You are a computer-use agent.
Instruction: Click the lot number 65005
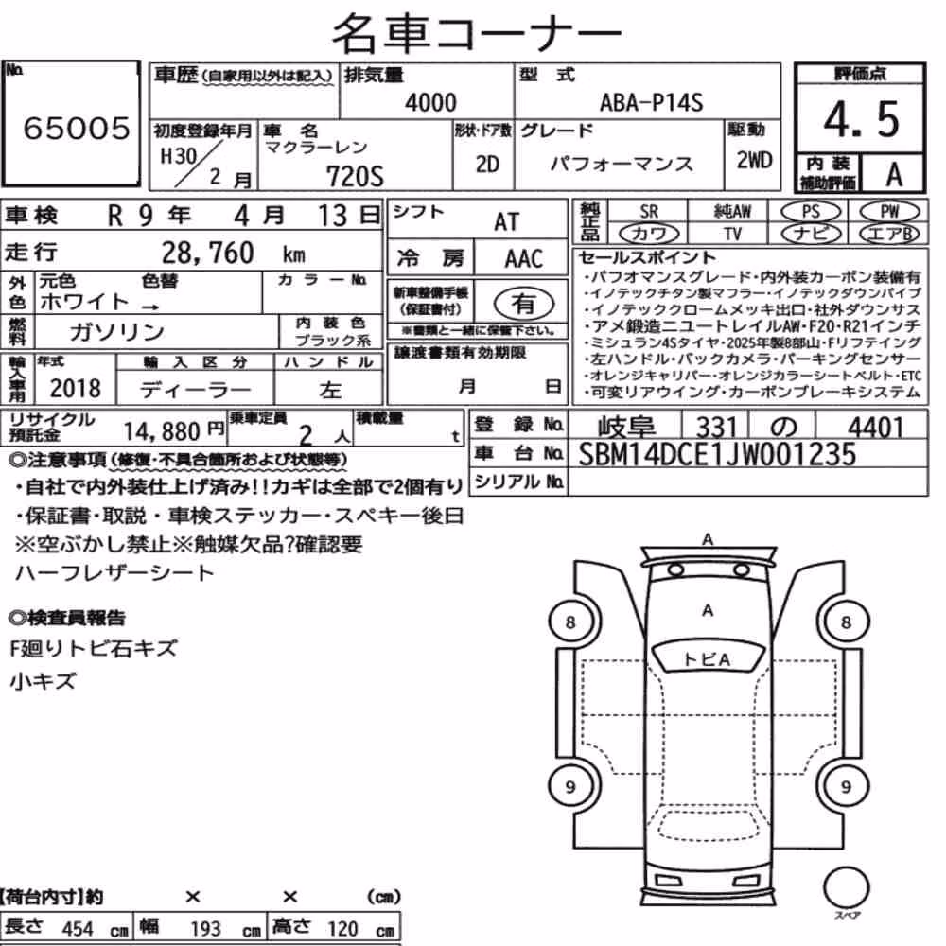pyautogui.click(x=77, y=128)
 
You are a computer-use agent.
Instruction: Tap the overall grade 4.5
pyautogui.click(x=861, y=119)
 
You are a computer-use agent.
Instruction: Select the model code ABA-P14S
pyautogui.click(x=651, y=102)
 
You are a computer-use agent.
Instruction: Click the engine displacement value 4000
pyautogui.click(x=430, y=102)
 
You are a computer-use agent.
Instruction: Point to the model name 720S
pyautogui.click(x=355, y=177)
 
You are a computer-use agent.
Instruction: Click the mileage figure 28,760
pyautogui.click(x=207, y=253)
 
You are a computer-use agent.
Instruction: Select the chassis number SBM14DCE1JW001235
pyautogui.click(x=717, y=454)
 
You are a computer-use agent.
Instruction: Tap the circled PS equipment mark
pyautogui.click(x=811, y=212)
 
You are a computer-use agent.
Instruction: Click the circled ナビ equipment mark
pyautogui.click(x=811, y=234)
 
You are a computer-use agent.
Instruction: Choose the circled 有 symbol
pyautogui.click(x=523, y=304)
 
